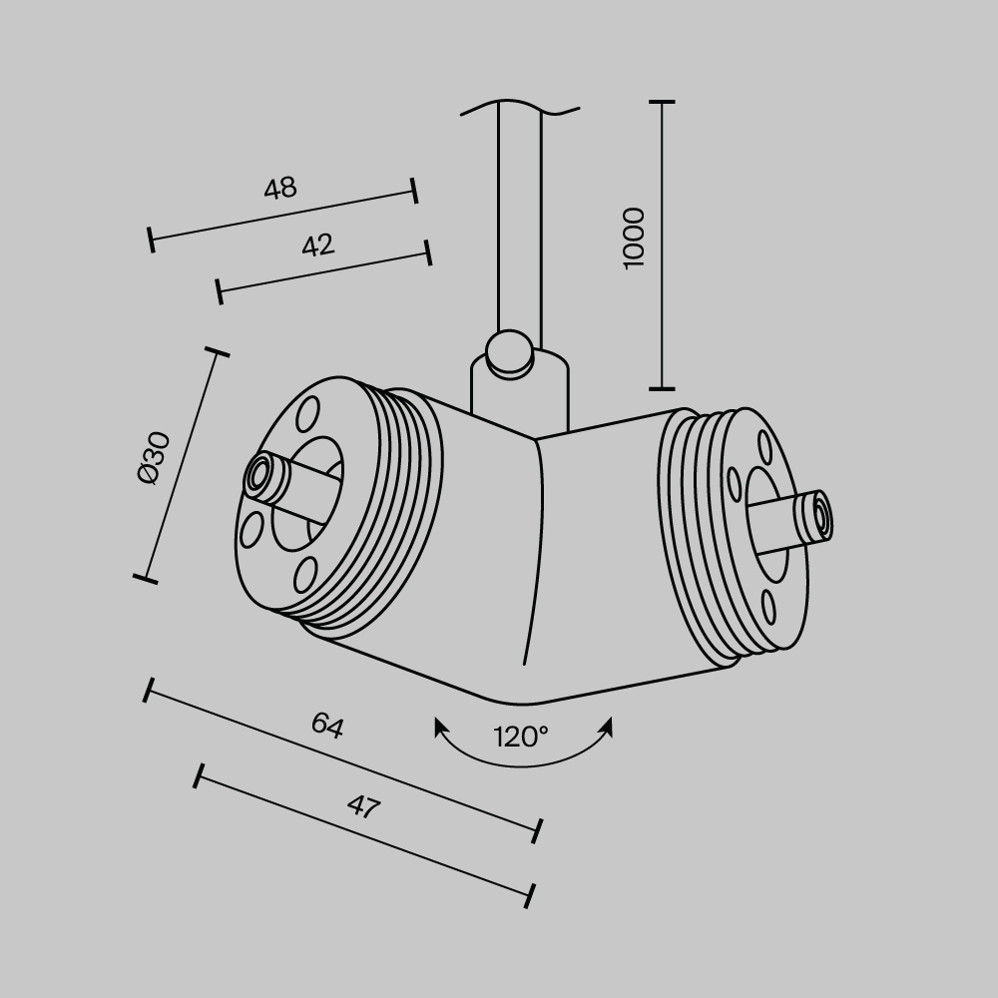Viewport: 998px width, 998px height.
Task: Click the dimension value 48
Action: (x=280, y=188)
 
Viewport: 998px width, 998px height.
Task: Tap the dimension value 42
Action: (x=317, y=245)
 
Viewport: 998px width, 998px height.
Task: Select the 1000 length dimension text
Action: (x=635, y=237)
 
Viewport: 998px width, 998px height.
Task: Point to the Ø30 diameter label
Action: (x=156, y=458)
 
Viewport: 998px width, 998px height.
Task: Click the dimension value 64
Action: (x=326, y=726)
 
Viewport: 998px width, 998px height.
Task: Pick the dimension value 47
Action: (x=363, y=806)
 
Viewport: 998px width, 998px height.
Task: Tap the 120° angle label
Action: (x=521, y=738)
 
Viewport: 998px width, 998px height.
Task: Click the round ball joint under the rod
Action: (x=509, y=353)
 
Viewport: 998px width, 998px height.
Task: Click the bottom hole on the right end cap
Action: (x=768, y=607)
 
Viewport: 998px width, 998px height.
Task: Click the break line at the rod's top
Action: (x=520, y=106)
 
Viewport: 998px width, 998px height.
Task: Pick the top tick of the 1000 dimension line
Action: (x=662, y=102)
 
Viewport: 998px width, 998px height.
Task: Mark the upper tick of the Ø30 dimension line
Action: (x=217, y=352)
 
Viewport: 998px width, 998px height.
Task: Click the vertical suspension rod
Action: (x=519, y=220)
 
